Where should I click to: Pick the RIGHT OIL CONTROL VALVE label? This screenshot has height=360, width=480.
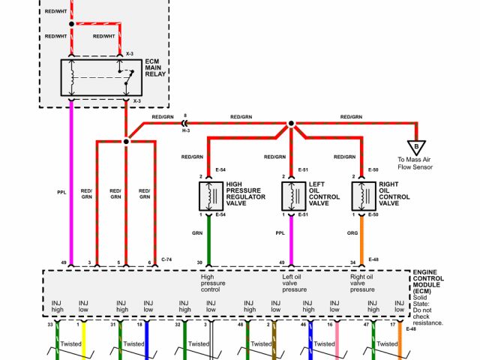click(394, 193)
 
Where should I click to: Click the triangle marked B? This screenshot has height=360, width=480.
click(413, 147)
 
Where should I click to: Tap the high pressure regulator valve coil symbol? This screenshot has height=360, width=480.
click(208, 196)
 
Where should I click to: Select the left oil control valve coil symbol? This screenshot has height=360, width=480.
click(291, 196)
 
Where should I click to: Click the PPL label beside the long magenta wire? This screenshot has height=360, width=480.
click(61, 191)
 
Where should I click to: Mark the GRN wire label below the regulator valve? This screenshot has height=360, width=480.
click(197, 233)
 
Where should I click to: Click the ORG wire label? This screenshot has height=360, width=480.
click(352, 233)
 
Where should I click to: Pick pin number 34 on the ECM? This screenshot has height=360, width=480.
click(352, 262)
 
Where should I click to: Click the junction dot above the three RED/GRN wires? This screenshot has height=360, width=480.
click(127, 139)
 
